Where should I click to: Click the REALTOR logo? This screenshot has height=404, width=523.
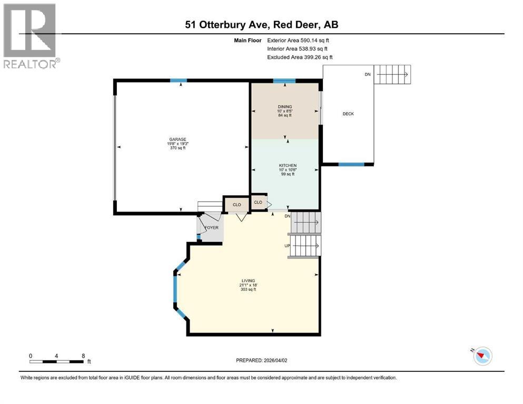tap(31, 36)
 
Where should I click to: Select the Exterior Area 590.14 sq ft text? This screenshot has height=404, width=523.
tap(300, 40)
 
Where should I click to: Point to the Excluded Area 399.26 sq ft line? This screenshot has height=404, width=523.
tap(300, 57)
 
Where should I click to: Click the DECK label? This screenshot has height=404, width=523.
tap(348, 114)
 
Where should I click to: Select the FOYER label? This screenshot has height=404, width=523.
tap(211, 228)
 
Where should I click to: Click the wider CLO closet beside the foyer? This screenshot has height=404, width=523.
tap(237, 205)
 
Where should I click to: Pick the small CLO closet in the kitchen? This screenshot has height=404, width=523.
tap(258, 202)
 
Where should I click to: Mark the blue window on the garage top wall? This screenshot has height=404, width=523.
tap(178, 80)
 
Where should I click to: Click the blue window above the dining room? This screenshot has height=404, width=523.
tap(284, 81)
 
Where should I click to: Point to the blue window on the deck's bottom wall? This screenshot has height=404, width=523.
tap(351, 164)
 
